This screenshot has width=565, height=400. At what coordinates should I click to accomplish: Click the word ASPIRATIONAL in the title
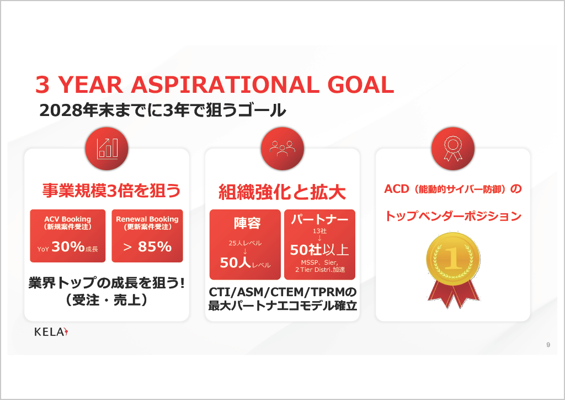[x=225, y=85]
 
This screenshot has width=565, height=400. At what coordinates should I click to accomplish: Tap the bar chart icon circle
[x=106, y=149]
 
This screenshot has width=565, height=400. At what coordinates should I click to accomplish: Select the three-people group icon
[x=282, y=149]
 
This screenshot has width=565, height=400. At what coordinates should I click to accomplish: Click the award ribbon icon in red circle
[x=453, y=149]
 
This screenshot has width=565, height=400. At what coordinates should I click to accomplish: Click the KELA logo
[x=51, y=332]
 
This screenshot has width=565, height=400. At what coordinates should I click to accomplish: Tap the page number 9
[x=548, y=345]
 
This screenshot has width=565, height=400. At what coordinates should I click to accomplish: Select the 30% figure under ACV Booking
[x=68, y=247]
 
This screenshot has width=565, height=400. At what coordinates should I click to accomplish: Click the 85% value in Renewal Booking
[x=154, y=247]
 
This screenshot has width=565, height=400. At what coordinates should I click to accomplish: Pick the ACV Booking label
[x=68, y=219]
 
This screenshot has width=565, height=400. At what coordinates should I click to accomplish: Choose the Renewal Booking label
[x=147, y=219]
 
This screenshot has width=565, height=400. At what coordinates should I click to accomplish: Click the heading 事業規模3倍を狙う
[x=111, y=191]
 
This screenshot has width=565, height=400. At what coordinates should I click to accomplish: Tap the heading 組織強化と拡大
[x=282, y=192]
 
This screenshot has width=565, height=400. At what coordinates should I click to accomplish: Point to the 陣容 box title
[x=247, y=223]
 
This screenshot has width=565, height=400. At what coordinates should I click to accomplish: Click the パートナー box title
[x=319, y=219]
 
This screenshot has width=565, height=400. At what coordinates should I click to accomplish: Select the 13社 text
[x=319, y=231]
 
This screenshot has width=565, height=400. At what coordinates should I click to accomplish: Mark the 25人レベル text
[x=245, y=243]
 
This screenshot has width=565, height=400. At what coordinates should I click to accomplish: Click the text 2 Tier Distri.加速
[x=320, y=270]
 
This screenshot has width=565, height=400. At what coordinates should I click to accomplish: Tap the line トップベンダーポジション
[x=454, y=215]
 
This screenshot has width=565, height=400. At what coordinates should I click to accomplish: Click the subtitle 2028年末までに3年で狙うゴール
[x=163, y=110]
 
